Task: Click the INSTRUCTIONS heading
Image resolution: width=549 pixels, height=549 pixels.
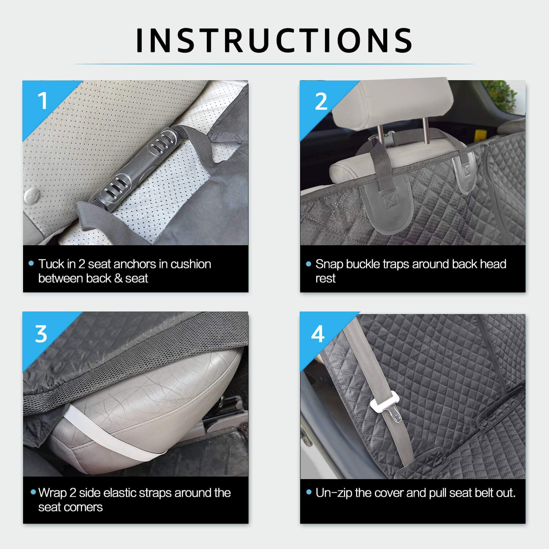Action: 274,40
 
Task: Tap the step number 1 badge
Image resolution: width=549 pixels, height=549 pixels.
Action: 43,101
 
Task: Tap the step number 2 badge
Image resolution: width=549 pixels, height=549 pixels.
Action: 321,101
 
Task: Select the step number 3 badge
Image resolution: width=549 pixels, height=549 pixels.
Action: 41,334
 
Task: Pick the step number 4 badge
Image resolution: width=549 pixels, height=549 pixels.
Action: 318,334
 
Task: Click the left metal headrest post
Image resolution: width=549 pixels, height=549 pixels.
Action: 381,135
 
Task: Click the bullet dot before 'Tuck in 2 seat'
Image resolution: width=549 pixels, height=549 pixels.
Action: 31,264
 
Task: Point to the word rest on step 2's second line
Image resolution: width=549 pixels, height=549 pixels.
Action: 325,279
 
